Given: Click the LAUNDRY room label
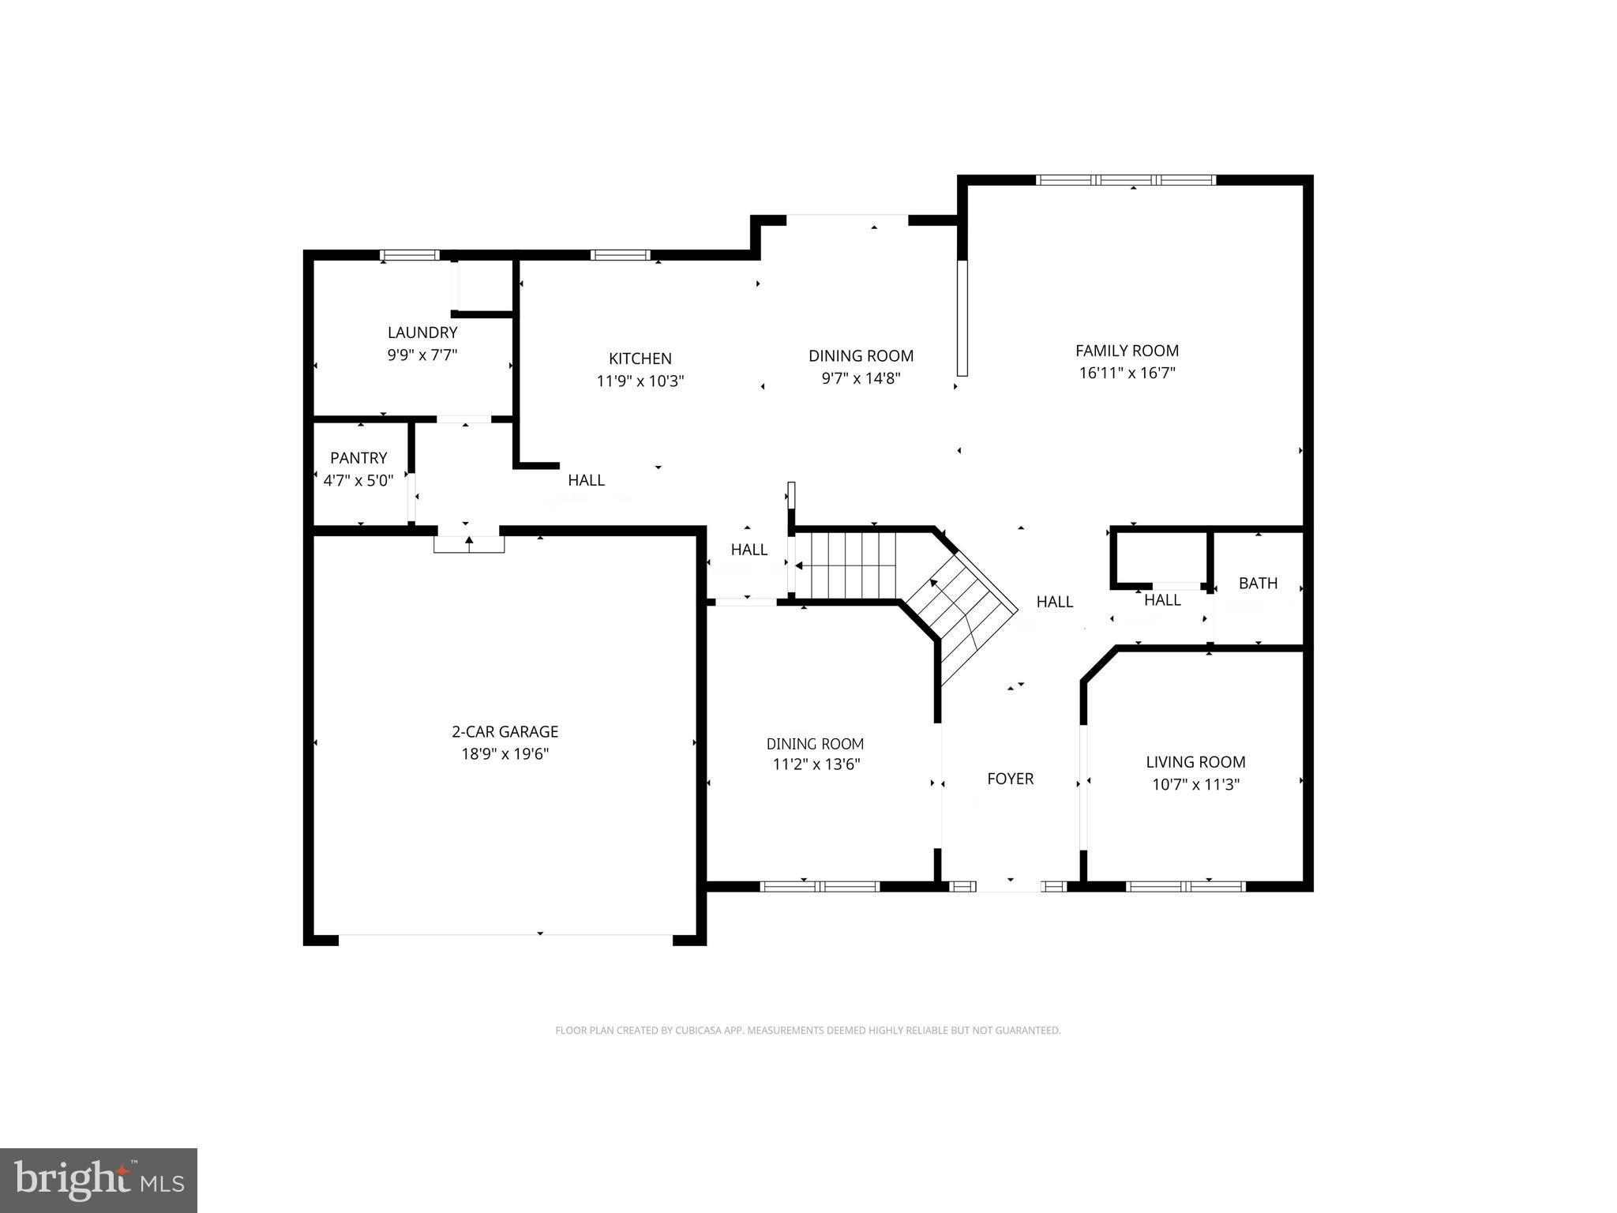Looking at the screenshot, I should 422,332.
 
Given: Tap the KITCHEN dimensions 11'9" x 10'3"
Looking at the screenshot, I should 640,381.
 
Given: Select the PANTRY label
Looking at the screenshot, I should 358,458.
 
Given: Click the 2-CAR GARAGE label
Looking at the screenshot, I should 505,731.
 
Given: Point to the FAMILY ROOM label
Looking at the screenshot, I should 1127,351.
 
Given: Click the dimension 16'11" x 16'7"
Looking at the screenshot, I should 1127,373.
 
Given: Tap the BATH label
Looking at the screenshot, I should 1258,583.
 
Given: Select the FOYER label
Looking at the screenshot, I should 1010,779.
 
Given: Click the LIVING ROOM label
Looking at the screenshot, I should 1195,762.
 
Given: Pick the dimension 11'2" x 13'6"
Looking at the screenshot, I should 816,764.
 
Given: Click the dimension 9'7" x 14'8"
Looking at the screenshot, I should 861,378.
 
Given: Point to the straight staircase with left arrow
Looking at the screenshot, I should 846,565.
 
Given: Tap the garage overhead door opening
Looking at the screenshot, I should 505,936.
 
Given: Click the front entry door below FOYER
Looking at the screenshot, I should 1010,886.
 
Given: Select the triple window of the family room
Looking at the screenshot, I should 1125,180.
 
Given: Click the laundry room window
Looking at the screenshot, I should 409,255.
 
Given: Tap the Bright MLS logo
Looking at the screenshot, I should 98,1179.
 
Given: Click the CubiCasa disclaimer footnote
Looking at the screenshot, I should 808,1031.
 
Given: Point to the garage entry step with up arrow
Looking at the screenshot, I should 469,544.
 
